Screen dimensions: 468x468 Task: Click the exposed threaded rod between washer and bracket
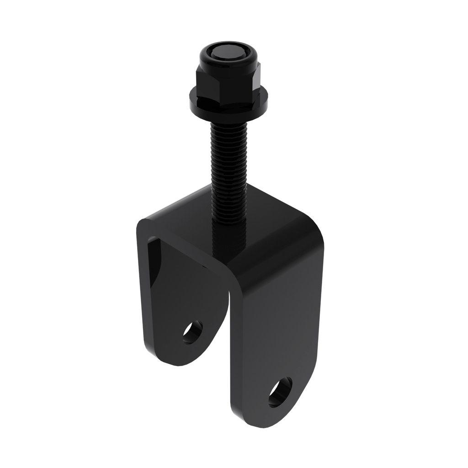coord(229,151)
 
